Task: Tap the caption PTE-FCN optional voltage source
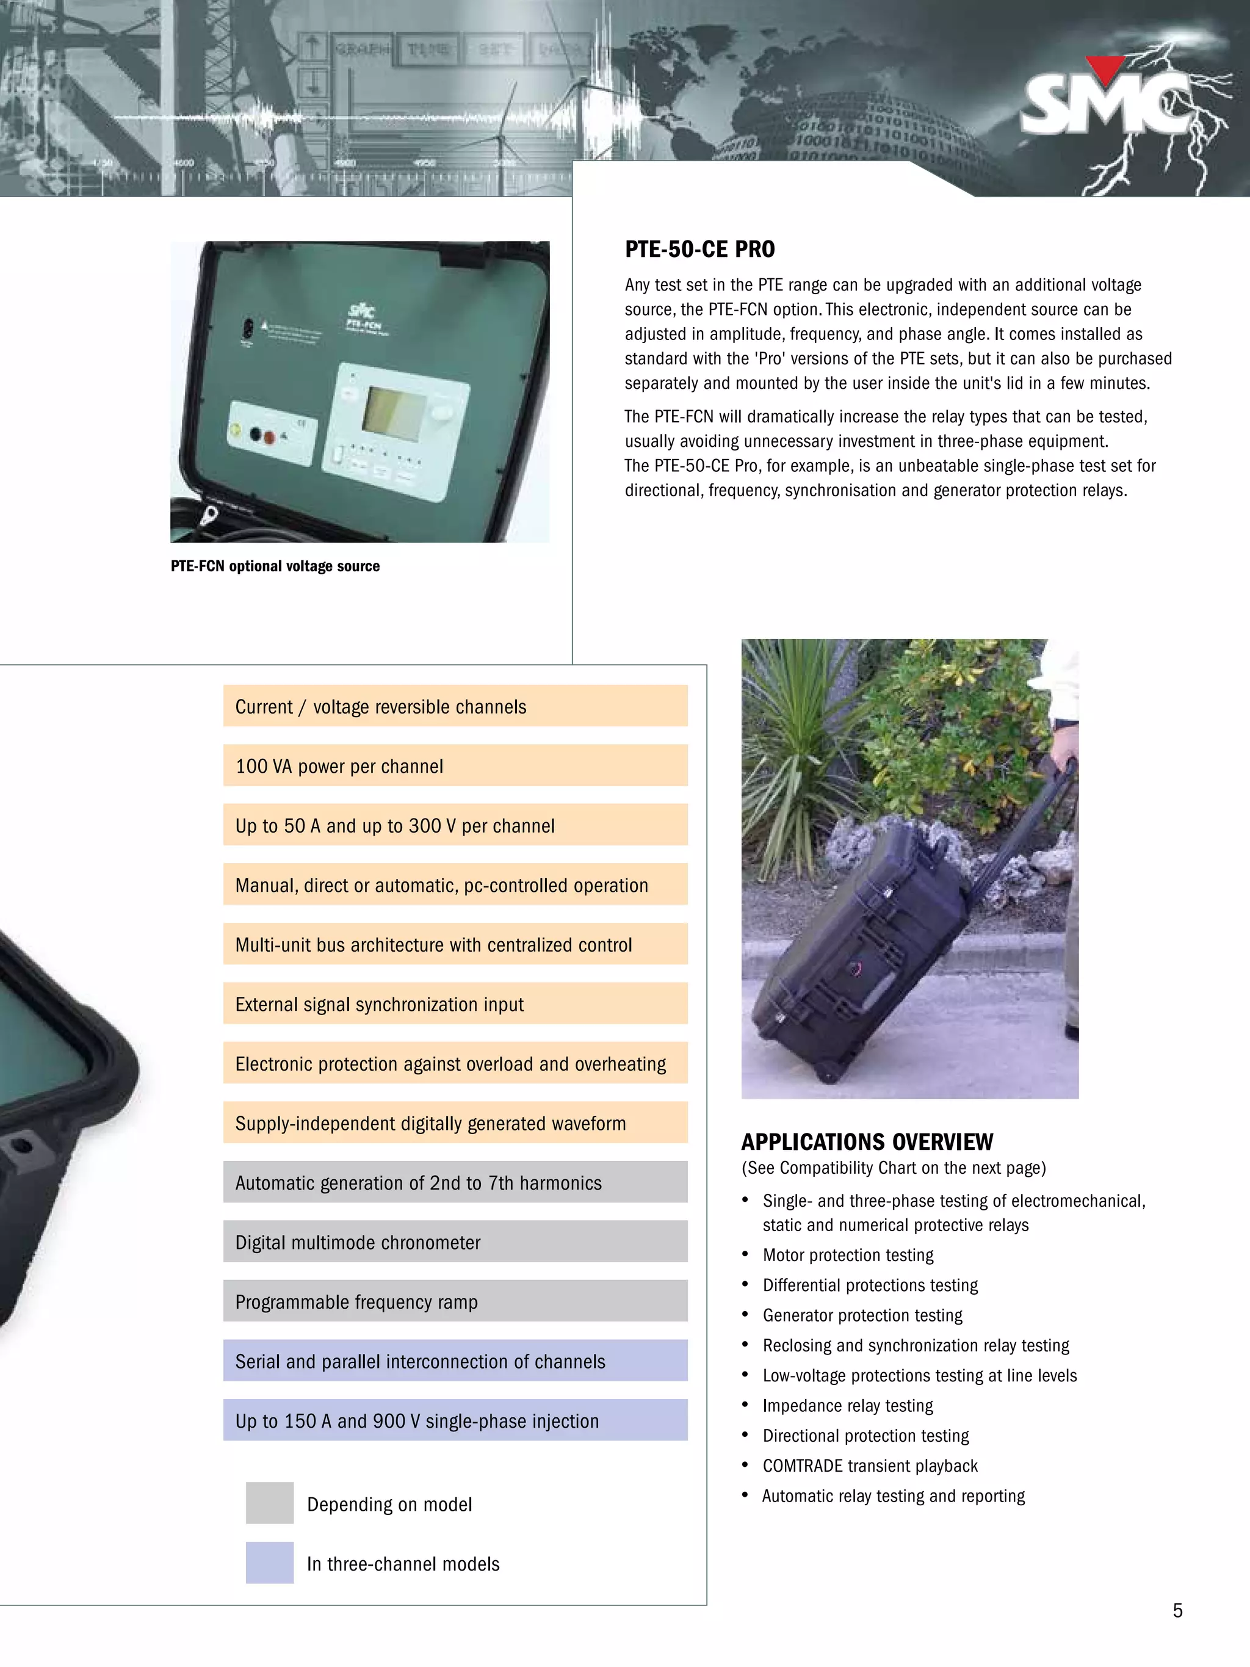(x=275, y=566)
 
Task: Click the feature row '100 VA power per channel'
(x=455, y=765)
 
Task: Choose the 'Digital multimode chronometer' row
(x=455, y=1242)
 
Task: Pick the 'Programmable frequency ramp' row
(x=455, y=1301)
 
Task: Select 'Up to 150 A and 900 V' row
(x=455, y=1420)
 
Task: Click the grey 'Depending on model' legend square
(x=269, y=1503)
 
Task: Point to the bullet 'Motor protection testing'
(x=848, y=1255)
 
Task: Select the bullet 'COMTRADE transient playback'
(x=870, y=1466)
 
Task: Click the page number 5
(x=1177, y=1610)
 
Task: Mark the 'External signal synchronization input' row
(x=455, y=1004)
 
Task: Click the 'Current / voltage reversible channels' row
(x=455, y=706)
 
